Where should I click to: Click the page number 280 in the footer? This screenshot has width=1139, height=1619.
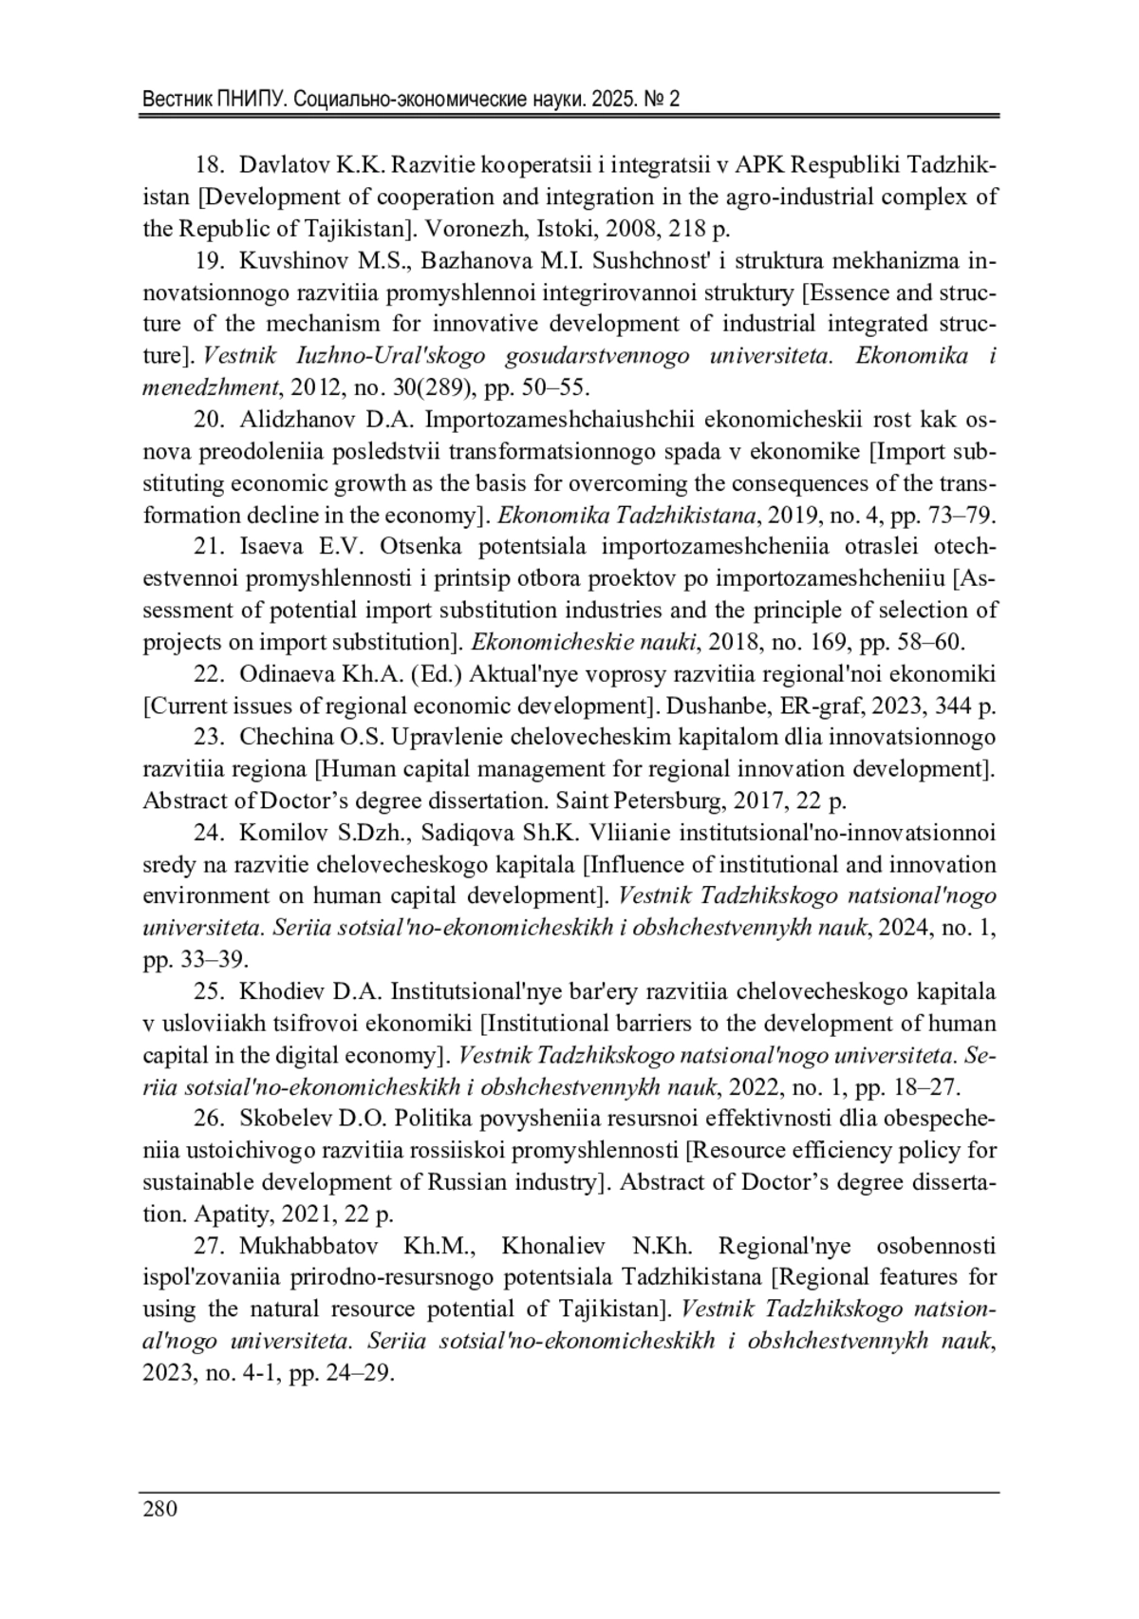[159, 1509]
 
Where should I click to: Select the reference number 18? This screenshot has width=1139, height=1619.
[209, 165]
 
